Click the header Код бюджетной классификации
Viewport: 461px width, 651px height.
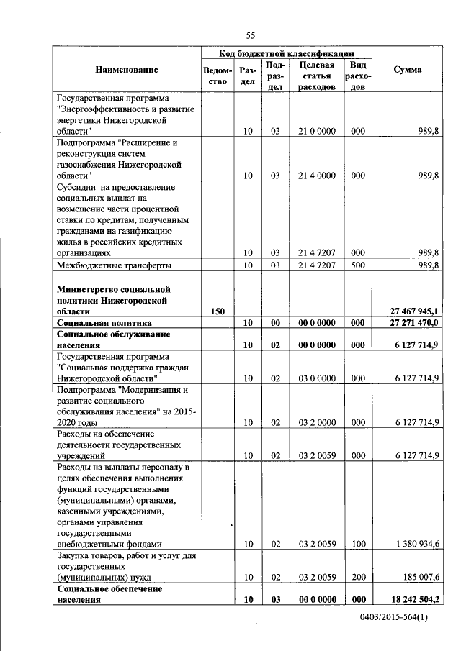(x=286, y=53)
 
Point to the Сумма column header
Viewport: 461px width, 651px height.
(x=408, y=70)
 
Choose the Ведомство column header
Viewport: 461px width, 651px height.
(x=218, y=76)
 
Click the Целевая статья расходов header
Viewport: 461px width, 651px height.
(x=317, y=76)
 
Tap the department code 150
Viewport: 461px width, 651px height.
(x=218, y=311)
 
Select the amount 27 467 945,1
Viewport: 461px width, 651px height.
(x=413, y=311)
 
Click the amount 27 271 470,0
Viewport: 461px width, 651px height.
(x=413, y=324)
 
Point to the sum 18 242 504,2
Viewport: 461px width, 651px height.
(x=413, y=599)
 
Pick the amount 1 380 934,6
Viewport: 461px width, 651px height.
(x=414, y=544)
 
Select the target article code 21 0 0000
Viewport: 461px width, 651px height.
(x=317, y=131)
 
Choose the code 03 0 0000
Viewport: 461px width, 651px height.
(x=317, y=378)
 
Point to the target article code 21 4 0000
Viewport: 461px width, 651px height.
(x=317, y=175)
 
